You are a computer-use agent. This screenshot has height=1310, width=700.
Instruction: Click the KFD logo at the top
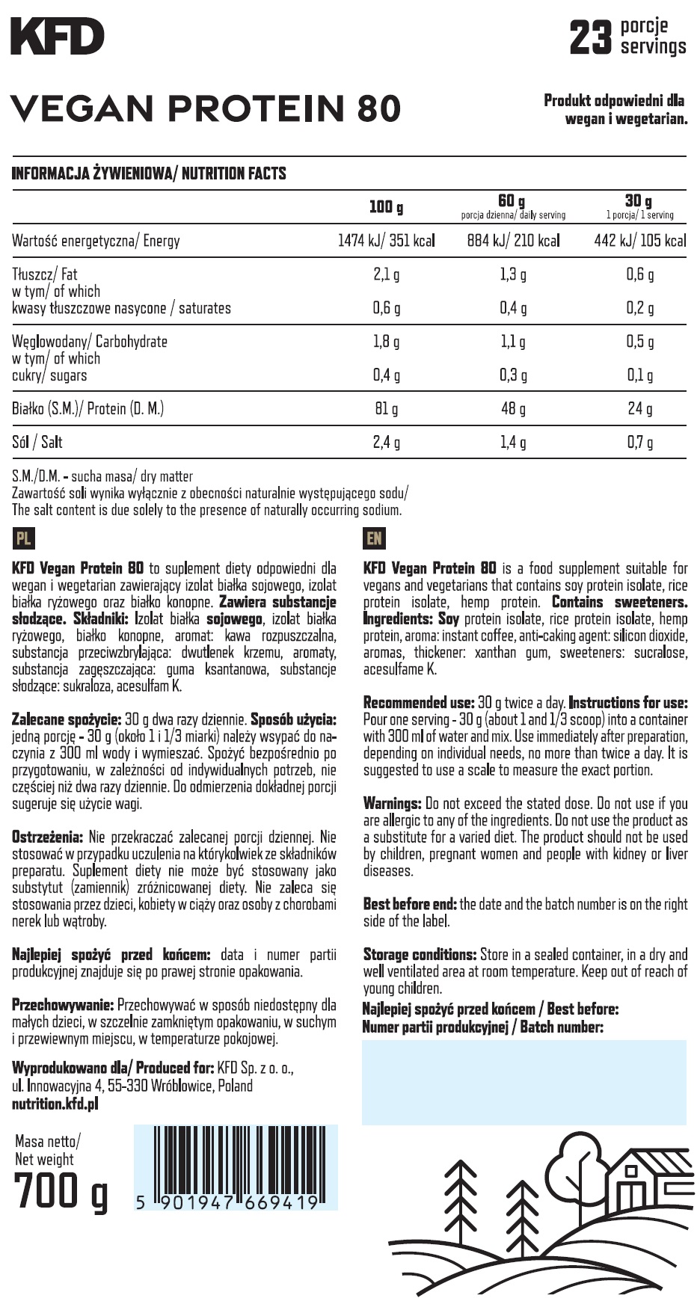58,37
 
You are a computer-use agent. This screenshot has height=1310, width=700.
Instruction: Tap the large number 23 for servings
591,37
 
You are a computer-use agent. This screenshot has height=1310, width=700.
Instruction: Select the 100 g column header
386,207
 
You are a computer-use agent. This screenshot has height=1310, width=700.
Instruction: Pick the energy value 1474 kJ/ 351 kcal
386,241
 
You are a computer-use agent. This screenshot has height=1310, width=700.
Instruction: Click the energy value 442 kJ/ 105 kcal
639,241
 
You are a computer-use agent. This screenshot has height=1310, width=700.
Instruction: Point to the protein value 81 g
386,409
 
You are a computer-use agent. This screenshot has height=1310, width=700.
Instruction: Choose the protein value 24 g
639,409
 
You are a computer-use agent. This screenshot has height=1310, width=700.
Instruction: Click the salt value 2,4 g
386,443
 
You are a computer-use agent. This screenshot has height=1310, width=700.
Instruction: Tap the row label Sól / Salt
37,443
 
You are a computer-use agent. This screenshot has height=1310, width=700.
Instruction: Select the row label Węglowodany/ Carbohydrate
90,342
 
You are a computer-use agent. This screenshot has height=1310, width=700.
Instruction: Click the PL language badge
23,538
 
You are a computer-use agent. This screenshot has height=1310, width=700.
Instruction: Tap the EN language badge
374,538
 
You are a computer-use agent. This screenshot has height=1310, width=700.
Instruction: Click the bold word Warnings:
392,804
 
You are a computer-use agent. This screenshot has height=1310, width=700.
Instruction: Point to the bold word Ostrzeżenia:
46,837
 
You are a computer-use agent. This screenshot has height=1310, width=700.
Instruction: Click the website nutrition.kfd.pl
55,1104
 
